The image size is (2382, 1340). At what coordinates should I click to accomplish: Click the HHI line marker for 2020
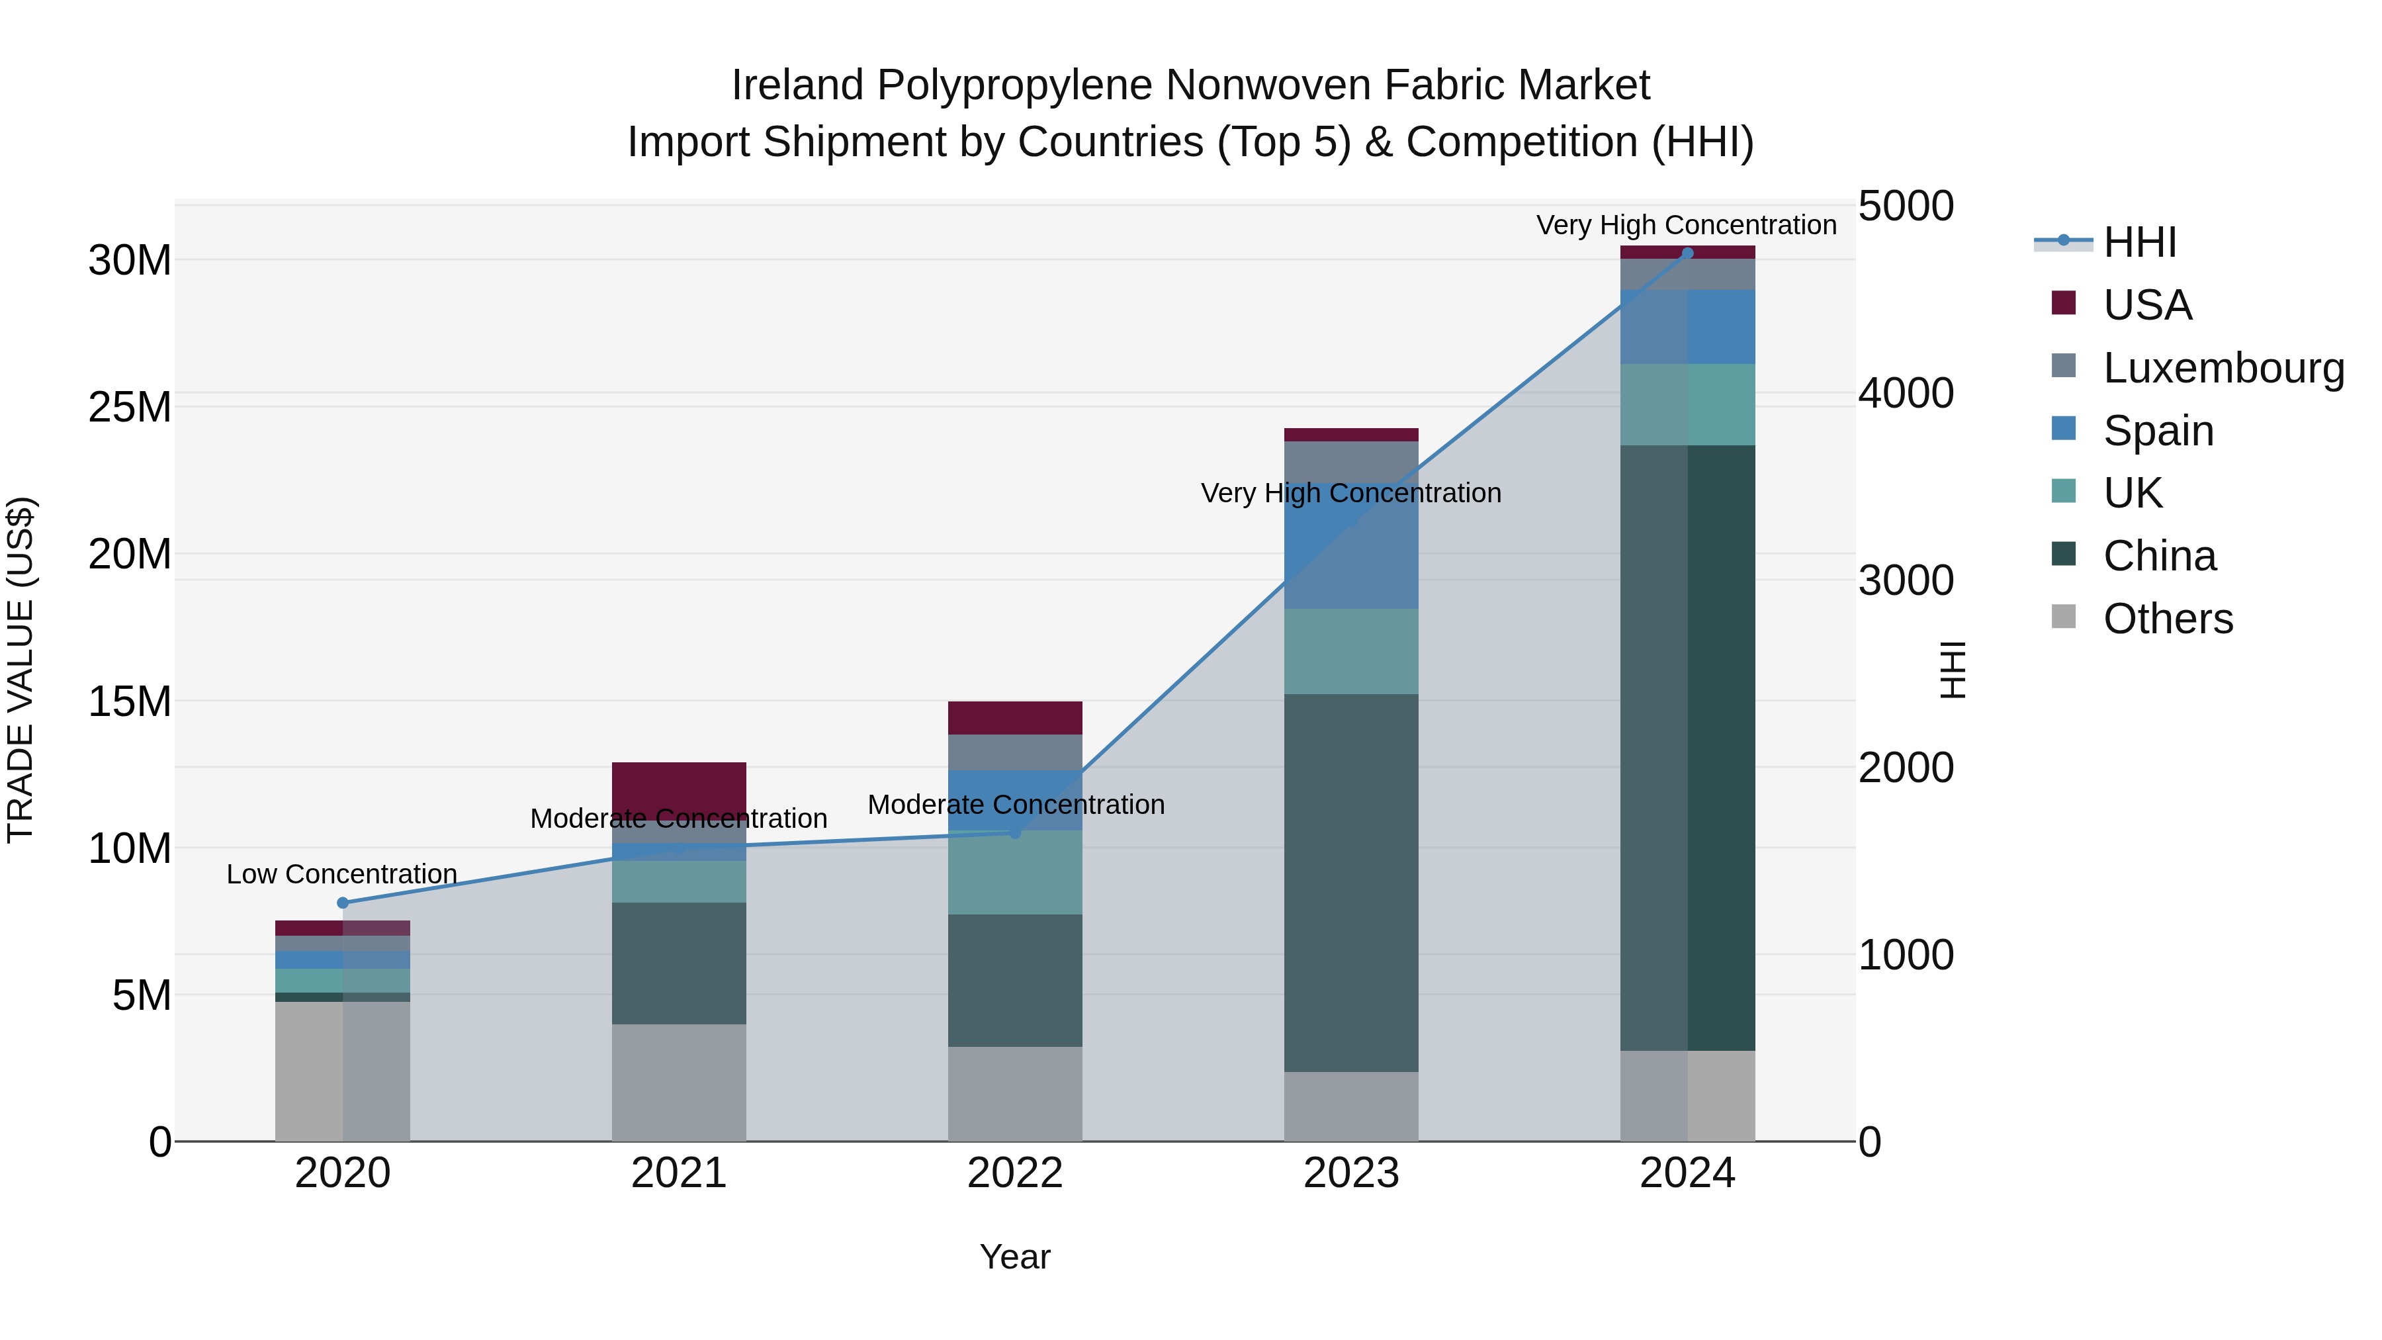343,903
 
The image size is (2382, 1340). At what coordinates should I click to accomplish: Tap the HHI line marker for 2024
1687,253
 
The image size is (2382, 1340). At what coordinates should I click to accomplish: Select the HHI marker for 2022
1014,833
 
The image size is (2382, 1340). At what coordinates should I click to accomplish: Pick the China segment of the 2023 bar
1351,883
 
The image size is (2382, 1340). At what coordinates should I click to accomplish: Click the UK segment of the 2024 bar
1687,405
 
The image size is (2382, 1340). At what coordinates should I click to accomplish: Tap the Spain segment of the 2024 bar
1687,328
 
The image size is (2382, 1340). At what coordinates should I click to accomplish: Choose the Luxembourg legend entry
2223,368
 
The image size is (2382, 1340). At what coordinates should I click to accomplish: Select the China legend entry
2159,556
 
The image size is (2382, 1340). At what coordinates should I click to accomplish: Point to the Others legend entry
2168,619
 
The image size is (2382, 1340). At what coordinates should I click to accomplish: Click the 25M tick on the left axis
130,408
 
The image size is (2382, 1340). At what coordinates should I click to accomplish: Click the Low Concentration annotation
342,874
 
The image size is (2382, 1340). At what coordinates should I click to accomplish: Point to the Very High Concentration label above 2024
1687,225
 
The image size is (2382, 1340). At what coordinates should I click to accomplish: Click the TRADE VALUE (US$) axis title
21,670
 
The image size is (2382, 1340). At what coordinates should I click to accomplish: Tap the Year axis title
1014,1257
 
